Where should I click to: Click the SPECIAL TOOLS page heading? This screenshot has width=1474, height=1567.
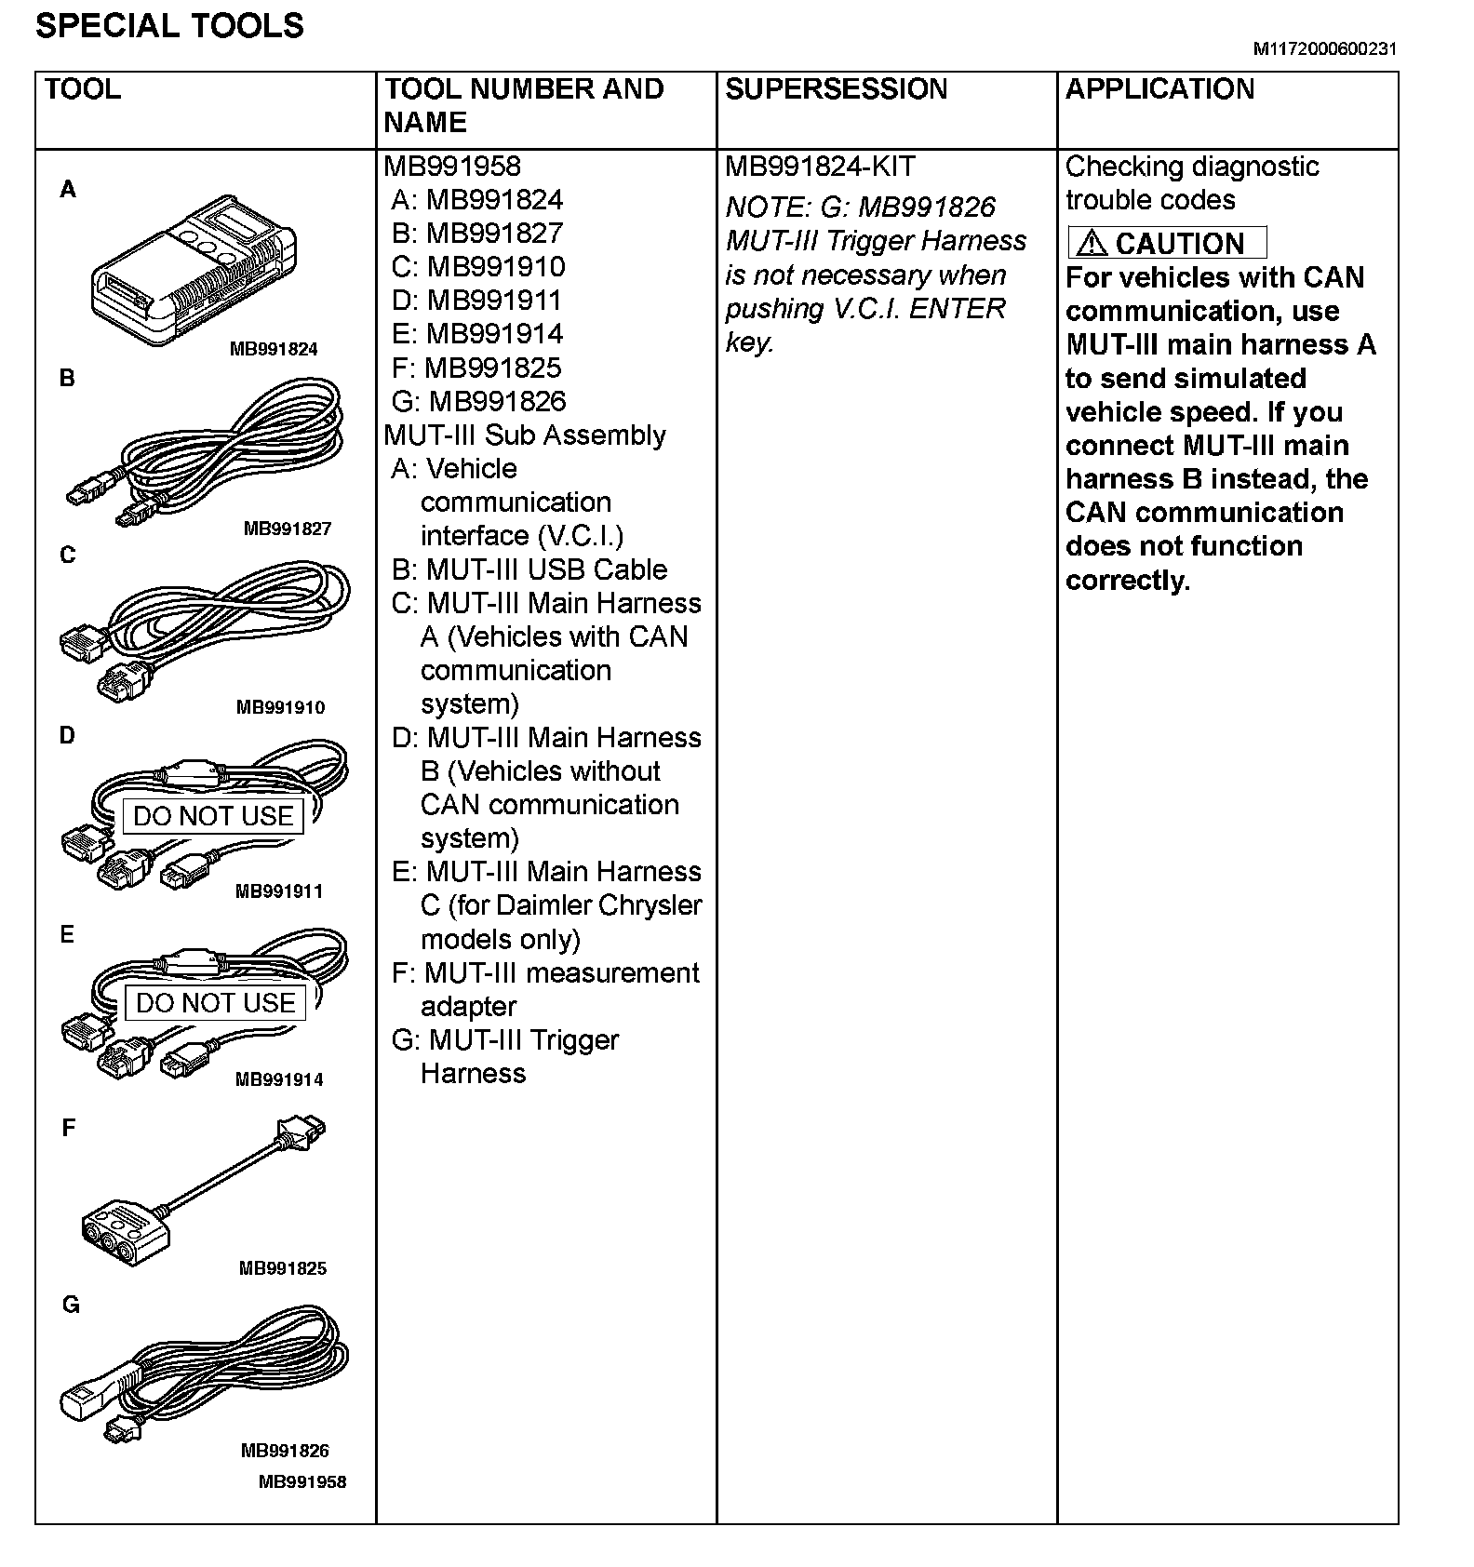169,25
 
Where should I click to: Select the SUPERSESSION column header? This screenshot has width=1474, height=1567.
836,89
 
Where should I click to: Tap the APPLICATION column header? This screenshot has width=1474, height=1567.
1159,89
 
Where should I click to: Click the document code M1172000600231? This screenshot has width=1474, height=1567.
1324,49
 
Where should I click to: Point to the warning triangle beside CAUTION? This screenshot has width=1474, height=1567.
1092,244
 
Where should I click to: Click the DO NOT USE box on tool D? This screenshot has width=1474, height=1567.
214,816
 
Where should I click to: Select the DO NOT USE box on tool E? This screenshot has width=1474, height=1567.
215,1003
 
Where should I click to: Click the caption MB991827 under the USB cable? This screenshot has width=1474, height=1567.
288,529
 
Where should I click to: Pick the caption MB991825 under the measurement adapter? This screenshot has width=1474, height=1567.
283,1267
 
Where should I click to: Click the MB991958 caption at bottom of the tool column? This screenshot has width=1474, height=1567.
302,1481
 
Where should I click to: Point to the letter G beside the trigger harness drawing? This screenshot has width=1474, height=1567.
71,1305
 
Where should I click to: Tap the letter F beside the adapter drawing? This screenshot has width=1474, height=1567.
68,1128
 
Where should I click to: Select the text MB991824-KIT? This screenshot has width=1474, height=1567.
820,167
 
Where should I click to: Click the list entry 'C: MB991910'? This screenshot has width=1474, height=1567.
478,267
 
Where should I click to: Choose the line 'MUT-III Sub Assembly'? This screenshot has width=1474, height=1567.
525,435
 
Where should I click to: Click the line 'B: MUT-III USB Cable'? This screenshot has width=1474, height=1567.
529,569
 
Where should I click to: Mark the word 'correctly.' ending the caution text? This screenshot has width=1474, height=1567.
1128,581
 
